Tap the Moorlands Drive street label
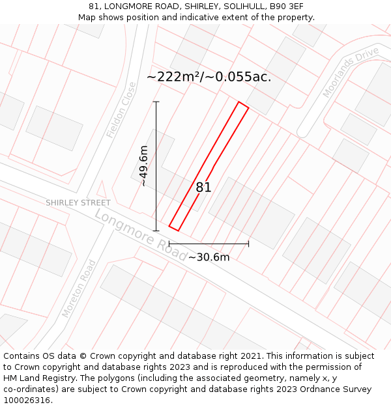pyautogui.click(x=351, y=72)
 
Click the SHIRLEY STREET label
pyautogui.click(x=78, y=203)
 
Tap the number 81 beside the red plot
pyautogui.click(x=203, y=188)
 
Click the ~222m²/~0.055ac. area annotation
pyautogui.click(x=209, y=77)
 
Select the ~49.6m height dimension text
pyautogui.click(x=143, y=166)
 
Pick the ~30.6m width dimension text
pyautogui.click(x=209, y=257)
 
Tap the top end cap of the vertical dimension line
pyautogui.click(x=156, y=102)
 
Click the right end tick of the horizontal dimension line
pyautogui.click(x=248, y=244)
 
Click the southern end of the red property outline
pyautogui.click(x=173, y=229)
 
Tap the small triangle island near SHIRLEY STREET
pyautogui.click(x=101, y=190)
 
